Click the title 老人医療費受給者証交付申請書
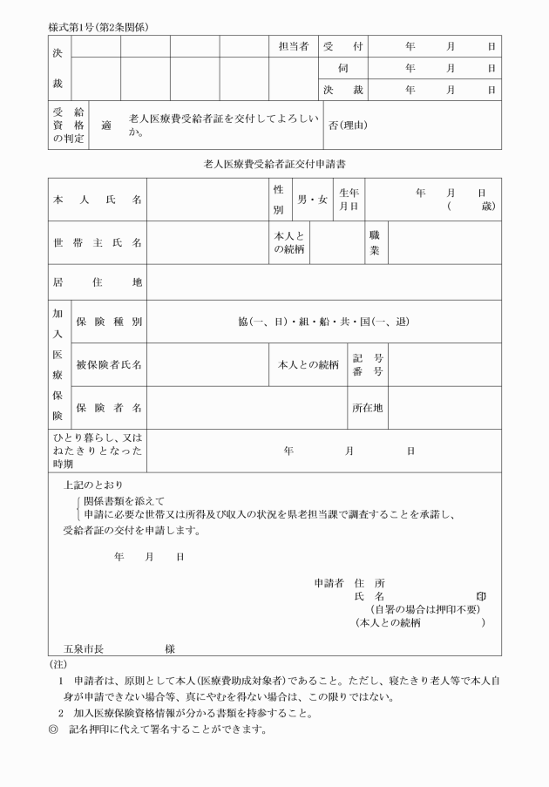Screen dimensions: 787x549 click(x=275, y=163)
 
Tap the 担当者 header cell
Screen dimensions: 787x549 click(x=292, y=46)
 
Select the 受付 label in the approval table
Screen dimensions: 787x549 click(x=342, y=46)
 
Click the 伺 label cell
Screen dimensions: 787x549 click(x=342, y=68)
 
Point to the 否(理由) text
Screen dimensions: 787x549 click(x=347, y=125)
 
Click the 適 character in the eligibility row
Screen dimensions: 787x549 click(x=106, y=125)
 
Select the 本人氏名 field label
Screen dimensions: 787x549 click(x=98, y=200)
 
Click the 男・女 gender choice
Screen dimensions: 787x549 click(x=312, y=200)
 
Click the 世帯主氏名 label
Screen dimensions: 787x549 click(x=98, y=242)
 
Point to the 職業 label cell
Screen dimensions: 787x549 click(x=374, y=242)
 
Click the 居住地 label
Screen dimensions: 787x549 click(x=98, y=282)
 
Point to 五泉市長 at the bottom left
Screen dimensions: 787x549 click(x=84, y=648)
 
